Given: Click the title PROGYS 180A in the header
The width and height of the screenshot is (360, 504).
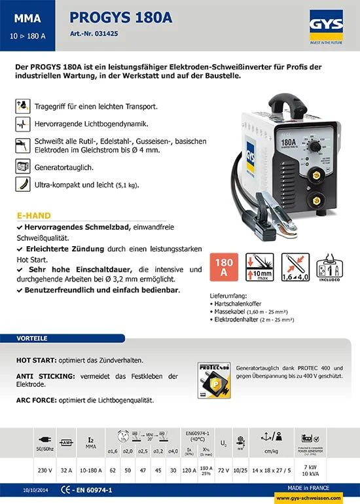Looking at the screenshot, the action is (x=120, y=18).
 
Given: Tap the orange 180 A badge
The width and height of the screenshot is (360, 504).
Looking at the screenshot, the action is (x=223, y=267).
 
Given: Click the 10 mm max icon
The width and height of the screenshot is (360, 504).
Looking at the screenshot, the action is (x=260, y=267).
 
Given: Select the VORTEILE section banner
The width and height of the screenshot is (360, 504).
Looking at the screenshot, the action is (x=31, y=338).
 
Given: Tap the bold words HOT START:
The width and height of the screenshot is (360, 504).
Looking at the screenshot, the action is (x=38, y=361).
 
